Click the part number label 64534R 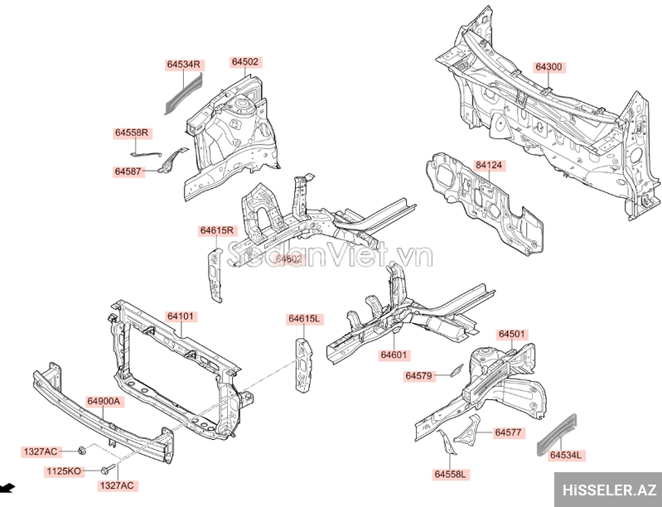tap(184, 64)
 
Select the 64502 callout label tap(245, 62)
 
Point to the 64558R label tap(131, 133)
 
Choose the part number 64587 tap(129, 171)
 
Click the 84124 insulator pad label tap(489, 166)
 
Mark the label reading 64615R tap(217, 230)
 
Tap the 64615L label tap(305, 319)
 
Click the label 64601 tap(394, 355)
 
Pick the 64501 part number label tap(512, 334)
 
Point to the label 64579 tap(419, 376)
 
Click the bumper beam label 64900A tap(104, 401)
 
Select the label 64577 tap(508, 432)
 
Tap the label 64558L tap(451, 474)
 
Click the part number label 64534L tap(566, 455)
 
